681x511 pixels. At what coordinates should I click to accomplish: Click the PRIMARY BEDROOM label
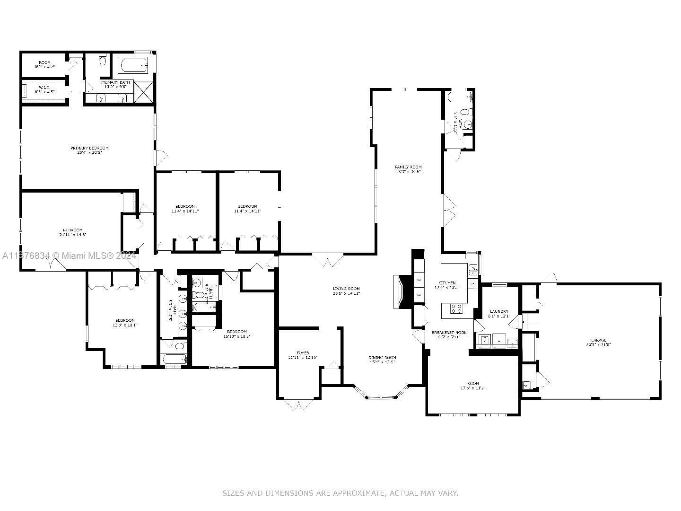pyautogui.click(x=89, y=148)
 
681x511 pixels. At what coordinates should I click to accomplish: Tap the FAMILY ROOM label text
pyautogui.click(x=408, y=167)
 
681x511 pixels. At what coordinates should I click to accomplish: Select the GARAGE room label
pyautogui.click(x=598, y=340)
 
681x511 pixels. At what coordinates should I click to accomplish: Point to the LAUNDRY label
pyautogui.click(x=499, y=311)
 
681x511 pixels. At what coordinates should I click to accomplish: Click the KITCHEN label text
pyautogui.click(x=447, y=283)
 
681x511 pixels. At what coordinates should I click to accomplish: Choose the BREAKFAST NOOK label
pyautogui.click(x=449, y=333)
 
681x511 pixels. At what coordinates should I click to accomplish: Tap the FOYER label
pyautogui.click(x=303, y=353)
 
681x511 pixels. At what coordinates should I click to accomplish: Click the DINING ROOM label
pyautogui.click(x=382, y=358)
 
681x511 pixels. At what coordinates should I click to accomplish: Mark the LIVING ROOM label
pyautogui.click(x=346, y=289)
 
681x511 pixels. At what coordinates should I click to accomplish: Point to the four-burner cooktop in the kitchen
pyautogui.click(x=456, y=309)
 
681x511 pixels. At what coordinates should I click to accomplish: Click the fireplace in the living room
pyautogui.click(x=400, y=291)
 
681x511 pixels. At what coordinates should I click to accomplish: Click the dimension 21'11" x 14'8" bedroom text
pyautogui.click(x=72, y=235)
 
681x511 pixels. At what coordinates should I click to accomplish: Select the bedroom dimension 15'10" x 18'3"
pyautogui.click(x=236, y=336)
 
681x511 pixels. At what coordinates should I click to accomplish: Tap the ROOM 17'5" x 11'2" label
pyautogui.click(x=473, y=386)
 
